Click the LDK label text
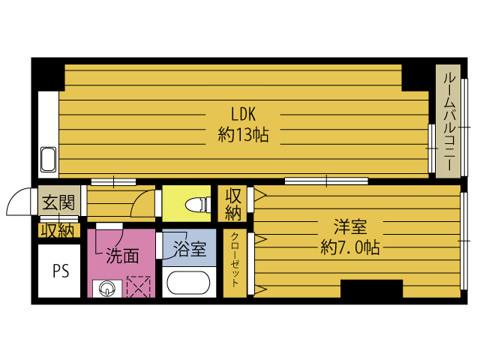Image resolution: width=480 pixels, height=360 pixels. coord(244,115)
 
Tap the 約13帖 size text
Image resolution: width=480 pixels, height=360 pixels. coord(244,136)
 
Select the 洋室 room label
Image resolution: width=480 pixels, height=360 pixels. coord(349,225)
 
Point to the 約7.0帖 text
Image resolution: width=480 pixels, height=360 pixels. coord(349,246)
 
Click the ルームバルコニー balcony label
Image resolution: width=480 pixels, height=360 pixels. coord(448,122)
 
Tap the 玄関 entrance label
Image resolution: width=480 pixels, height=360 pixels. coord(58,202)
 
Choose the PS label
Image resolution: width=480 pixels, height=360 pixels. coord(60,271)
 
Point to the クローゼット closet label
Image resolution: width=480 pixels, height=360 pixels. coord(235,262)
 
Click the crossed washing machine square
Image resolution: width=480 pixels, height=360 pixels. coord(139,287)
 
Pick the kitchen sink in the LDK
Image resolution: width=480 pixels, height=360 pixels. coord(48,160)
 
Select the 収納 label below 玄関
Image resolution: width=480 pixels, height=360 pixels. coord(58,230)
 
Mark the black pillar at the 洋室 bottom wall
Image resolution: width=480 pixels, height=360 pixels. coord(371,289)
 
